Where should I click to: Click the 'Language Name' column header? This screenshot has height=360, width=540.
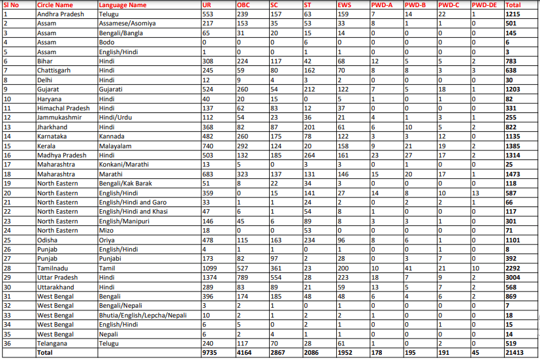(123, 5)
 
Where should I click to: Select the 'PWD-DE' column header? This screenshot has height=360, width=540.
(484, 5)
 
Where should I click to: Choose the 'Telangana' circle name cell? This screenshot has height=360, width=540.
(52, 344)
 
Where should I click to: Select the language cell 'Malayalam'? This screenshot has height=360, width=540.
(116, 146)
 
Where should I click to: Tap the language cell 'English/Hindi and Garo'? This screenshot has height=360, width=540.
(133, 203)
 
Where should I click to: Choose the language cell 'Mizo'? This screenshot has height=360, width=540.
(106, 231)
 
